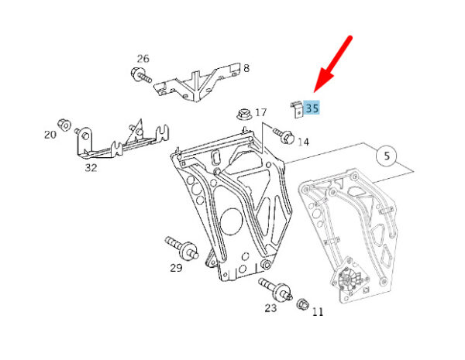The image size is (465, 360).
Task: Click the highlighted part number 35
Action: tap(312, 108)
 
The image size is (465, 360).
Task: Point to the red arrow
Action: tap(333, 63)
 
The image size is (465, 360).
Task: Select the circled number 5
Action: tap(387, 156)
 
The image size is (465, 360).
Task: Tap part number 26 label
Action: tap(143, 59)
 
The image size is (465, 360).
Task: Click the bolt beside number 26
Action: tap(141, 75)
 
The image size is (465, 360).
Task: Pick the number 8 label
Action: tap(246, 69)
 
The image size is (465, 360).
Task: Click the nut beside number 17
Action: tap(244, 114)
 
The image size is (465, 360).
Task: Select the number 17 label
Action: tap(260, 112)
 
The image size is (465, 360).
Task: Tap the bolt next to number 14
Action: tap(284, 135)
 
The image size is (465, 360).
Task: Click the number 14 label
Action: tap(303, 142)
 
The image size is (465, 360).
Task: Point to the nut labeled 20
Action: tap(64, 125)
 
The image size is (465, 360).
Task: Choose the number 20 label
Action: tap(50, 135)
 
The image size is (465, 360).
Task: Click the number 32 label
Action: tap(91, 168)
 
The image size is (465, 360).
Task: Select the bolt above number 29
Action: tap(182, 249)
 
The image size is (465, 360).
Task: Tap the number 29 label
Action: tap(176, 268)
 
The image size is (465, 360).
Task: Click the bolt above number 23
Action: tap(275, 288)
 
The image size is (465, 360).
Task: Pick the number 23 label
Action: tap(270, 308)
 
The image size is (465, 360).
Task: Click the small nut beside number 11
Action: tap(303, 304)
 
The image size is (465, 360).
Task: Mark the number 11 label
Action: tap(317, 312)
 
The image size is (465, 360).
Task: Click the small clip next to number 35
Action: tap(297, 109)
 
